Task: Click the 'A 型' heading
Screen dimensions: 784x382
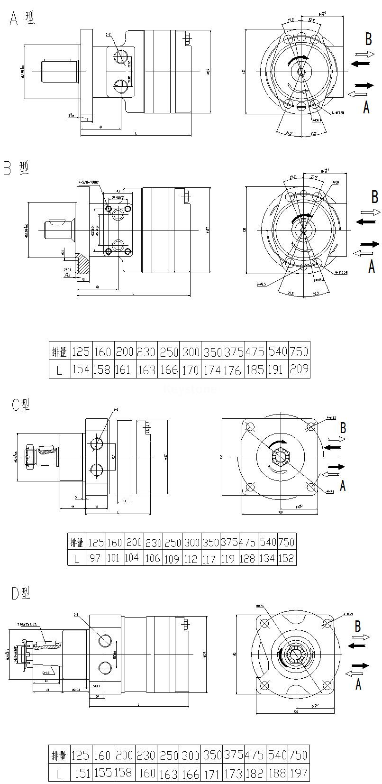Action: (x=22, y=18)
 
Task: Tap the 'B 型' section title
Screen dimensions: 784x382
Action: (x=16, y=168)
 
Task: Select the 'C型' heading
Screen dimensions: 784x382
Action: (x=20, y=404)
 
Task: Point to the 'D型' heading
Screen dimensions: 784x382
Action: (x=20, y=593)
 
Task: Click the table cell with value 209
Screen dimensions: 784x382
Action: (x=299, y=369)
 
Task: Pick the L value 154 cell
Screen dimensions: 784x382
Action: (x=81, y=369)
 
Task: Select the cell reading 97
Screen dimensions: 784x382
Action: (x=95, y=558)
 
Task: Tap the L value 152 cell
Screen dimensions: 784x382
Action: (x=286, y=558)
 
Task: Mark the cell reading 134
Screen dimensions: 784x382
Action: (x=267, y=558)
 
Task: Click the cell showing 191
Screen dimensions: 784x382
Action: (x=277, y=369)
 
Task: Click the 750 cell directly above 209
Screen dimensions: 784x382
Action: (x=299, y=351)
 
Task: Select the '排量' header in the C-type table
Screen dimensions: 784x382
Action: (x=77, y=542)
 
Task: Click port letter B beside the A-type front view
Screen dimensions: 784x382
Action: (x=368, y=38)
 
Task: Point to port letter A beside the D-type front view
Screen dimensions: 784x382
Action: (x=358, y=683)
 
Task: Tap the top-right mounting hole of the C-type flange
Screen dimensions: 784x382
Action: (x=311, y=426)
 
